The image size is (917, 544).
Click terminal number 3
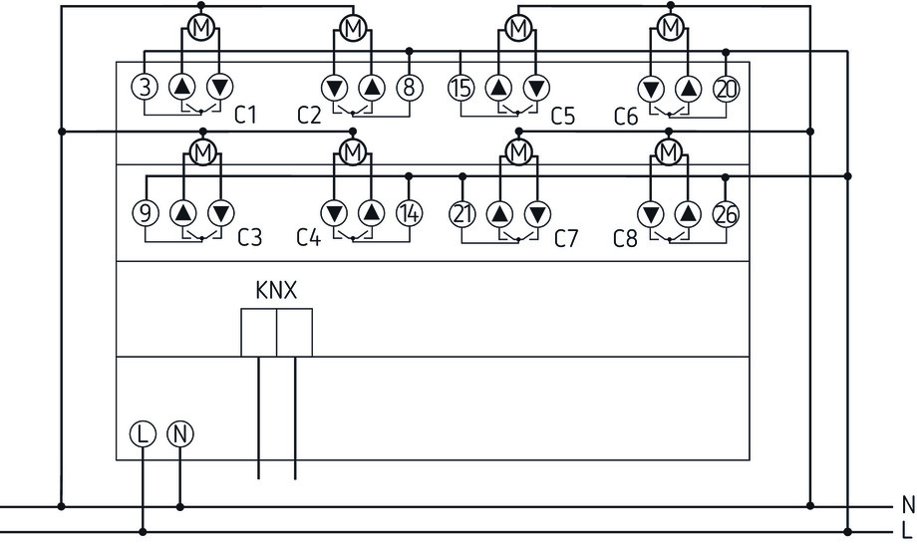coord(146,88)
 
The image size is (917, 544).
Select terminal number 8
coord(410,88)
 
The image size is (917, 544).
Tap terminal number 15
coord(460,88)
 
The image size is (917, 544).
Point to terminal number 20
coord(726,88)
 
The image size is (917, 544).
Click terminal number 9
coord(146,212)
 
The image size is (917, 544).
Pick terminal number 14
coord(410,212)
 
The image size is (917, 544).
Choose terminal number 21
coord(460,212)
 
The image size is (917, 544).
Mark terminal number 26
coord(726,212)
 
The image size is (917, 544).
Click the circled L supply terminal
coord(143,433)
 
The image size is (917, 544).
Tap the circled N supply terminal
coord(179,433)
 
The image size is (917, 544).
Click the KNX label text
coord(276,291)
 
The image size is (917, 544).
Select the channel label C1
coord(245,117)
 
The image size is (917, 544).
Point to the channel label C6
coord(626,117)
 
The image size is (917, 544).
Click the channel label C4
coord(309,239)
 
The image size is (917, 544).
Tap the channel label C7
coord(565,239)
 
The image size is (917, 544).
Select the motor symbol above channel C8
coord(669,152)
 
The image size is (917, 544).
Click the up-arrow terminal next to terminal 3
coord(183,88)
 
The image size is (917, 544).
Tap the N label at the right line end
coord(906,505)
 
